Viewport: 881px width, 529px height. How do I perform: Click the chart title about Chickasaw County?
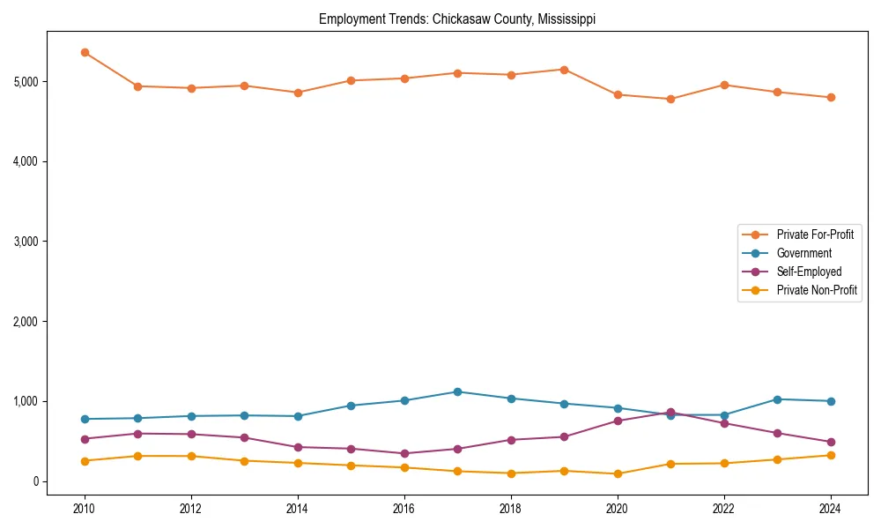pyautogui.click(x=456, y=19)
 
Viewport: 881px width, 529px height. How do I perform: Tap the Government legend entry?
pyautogui.click(x=803, y=253)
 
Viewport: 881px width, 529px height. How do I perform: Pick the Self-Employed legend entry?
pyautogui.click(x=809, y=272)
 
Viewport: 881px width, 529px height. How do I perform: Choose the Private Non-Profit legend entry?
pyautogui.click(x=817, y=290)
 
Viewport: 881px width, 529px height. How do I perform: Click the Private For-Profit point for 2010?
pyautogui.click(x=85, y=53)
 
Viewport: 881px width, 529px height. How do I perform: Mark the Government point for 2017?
pyautogui.click(x=457, y=391)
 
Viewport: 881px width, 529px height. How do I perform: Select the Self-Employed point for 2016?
pyautogui.click(x=404, y=454)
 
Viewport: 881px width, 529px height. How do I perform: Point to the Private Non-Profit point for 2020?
pyautogui.click(x=618, y=474)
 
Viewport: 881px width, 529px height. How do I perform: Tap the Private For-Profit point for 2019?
pyautogui.click(x=564, y=70)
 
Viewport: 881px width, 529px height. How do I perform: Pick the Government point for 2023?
pyautogui.click(x=777, y=399)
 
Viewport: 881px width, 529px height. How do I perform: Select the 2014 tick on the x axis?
pyautogui.click(x=298, y=509)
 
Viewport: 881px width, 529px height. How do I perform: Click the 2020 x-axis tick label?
pyautogui.click(x=618, y=509)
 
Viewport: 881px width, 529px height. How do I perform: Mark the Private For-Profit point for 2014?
pyautogui.click(x=298, y=93)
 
